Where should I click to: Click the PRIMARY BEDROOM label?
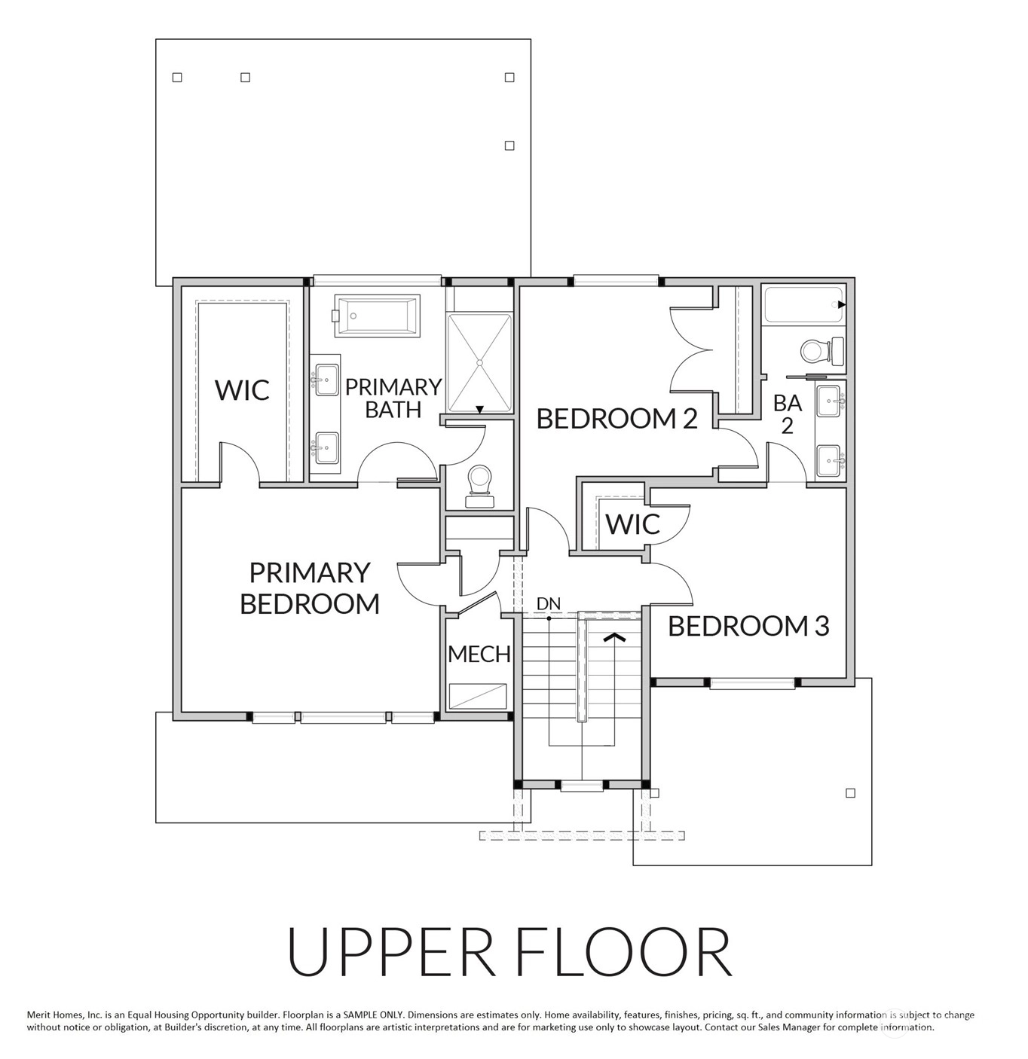(309, 587)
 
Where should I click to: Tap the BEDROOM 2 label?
(617, 419)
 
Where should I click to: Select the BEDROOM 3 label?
(748, 626)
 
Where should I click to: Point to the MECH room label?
(479, 654)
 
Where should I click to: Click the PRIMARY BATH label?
(393, 398)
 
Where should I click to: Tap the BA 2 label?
(788, 414)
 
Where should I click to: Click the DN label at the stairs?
(549, 603)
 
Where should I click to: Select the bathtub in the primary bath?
(377, 315)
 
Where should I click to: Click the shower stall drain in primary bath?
(479, 362)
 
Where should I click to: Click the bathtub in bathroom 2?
(804, 305)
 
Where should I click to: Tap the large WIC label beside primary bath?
(242, 389)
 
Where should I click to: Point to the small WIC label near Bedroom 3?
(632, 523)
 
